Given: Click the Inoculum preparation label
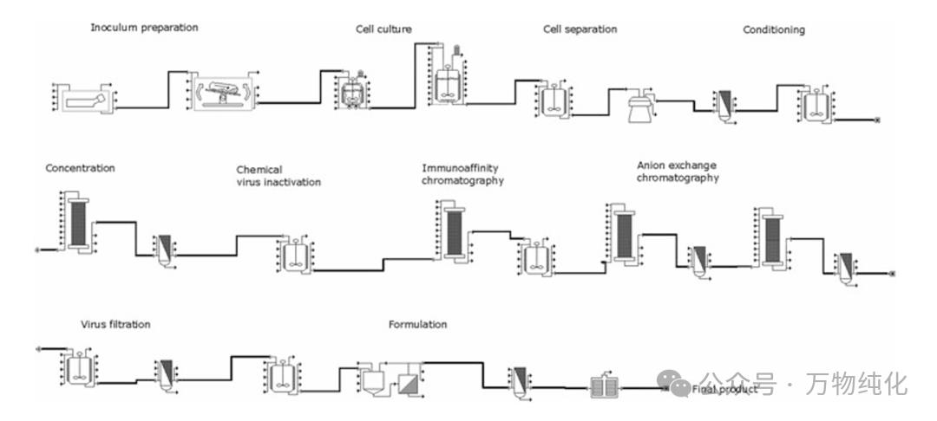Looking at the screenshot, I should click(x=144, y=28).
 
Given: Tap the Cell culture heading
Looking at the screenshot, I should click(x=383, y=29).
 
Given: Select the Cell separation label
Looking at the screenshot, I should click(x=580, y=29).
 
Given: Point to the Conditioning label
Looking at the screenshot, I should click(x=773, y=30).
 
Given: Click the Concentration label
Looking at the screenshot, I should click(x=80, y=168).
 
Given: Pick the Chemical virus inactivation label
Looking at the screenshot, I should click(x=278, y=176).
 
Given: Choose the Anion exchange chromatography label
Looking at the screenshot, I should click(x=678, y=172).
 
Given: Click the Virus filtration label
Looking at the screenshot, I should click(x=115, y=325).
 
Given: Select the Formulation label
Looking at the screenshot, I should click(x=417, y=325).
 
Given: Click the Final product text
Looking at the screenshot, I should click(x=724, y=390).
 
